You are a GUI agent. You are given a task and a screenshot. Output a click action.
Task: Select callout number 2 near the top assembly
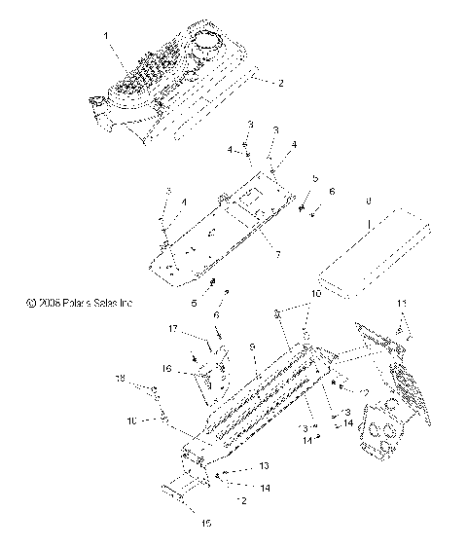[x=281, y=83]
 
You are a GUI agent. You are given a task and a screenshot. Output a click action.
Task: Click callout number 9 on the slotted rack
[x=252, y=346]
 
